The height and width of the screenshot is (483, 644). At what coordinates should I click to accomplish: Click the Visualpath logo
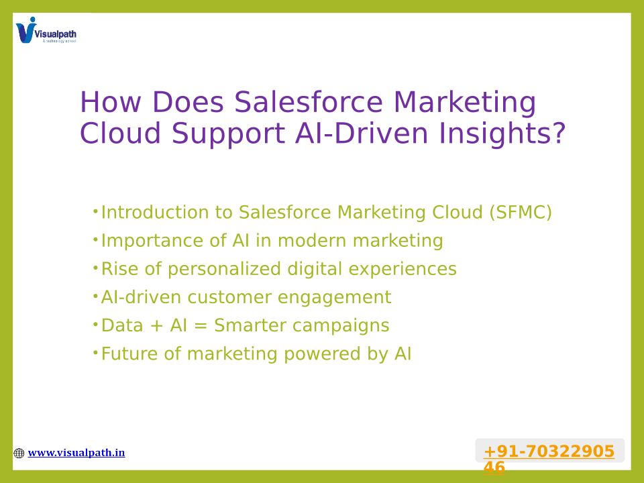pyautogui.click(x=46, y=30)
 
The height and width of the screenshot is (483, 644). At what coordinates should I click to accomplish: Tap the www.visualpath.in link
pyautogui.click(x=76, y=453)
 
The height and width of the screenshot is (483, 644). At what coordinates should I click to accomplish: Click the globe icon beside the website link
pyautogui.click(x=19, y=453)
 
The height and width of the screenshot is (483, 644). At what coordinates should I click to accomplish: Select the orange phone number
pyautogui.click(x=549, y=459)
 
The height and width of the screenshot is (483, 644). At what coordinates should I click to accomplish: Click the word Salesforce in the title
pyautogui.click(x=309, y=102)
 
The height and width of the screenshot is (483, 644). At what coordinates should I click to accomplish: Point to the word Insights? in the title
pyautogui.click(x=502, y=133)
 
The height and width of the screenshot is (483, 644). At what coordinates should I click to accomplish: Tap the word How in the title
pyautogui.click(x=111, y=102)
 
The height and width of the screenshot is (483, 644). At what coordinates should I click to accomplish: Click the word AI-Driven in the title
pyautogui.click(x=362, y=133)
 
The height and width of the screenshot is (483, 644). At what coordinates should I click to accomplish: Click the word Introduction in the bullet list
pyautogui.click(x=154, y=213)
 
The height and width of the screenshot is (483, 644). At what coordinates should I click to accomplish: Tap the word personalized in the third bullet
pyautogui.click(x=224, y=270)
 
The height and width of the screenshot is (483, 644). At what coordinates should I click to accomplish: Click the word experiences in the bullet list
pyautogui.click(x=402, y=270)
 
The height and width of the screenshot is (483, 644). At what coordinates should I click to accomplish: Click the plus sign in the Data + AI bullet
pyautogui.click(x=156, y=326)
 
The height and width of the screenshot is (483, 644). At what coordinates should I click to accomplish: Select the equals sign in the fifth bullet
pyautogui.click(x=201, y=326)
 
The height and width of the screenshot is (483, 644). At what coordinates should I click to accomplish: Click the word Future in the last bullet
pyautogui.click(x=129, y=354)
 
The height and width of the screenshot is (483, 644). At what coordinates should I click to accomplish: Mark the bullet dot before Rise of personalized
pyautogui.click(x=95, y=268)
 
